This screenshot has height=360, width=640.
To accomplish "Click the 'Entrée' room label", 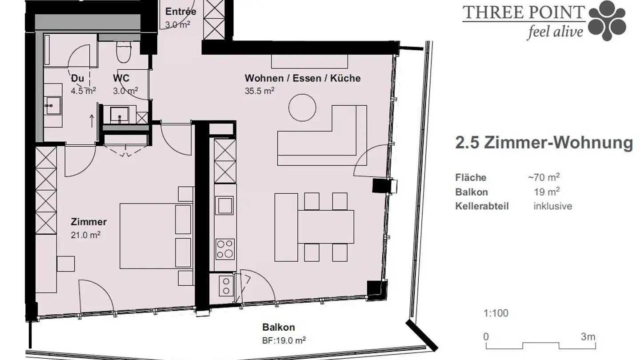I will [180, 12].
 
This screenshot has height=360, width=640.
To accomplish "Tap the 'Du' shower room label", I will [77, 79].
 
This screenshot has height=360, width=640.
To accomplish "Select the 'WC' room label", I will [121, 79].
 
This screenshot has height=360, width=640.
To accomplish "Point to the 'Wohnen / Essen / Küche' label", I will [302, 79].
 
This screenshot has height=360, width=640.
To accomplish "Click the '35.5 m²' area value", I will [259, 91].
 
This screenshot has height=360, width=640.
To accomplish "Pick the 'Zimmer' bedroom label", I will [88, 222].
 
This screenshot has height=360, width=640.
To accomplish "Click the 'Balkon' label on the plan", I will [278, 328].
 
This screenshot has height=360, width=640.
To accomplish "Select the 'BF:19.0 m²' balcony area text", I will [284, 340].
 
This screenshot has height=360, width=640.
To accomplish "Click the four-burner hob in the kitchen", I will [224, 249].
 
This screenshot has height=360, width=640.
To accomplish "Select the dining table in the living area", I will [325, 227].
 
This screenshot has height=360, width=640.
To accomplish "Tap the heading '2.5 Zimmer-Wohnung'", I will [544, 143].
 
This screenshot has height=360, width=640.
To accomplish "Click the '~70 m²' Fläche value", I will [543, 177].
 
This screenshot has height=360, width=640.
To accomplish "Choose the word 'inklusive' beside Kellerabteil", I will [552, 206].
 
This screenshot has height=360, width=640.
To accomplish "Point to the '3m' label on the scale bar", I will [588, 336].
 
